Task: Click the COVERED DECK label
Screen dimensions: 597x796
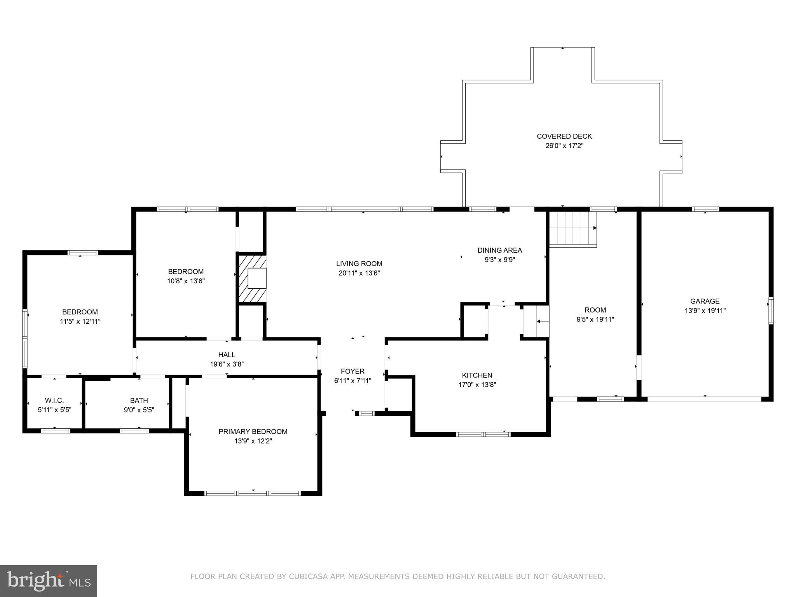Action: click(x=564, y=136)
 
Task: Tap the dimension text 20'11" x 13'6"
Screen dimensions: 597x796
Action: click(x=359, y=273)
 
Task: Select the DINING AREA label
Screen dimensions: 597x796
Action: click(x=499, y=250)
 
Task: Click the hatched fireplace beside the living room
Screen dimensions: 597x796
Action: click(x=252, y=278)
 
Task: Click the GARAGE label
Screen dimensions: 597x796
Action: click(x=705, y=301)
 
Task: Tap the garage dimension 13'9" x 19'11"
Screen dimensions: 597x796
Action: click(x=705, y=311)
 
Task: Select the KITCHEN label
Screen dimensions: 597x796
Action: click(x=477, y=375)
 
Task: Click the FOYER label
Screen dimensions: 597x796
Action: click(x=353, y=372)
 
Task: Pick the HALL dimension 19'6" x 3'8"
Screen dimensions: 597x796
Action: click(x=227, y=364)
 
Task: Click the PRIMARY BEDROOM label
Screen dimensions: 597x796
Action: click(x=253, y=431)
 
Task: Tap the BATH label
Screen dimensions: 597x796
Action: click(x=139, y=401)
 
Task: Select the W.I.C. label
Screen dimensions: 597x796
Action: click(x=54, y=401)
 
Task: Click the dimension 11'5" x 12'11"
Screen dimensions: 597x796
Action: click(x=80, y=321)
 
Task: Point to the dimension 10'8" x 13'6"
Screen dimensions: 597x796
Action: click(x=186, y=281)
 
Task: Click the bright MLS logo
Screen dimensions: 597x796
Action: click(x=49, y=581)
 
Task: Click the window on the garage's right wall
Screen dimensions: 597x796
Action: click(x=771, y=311)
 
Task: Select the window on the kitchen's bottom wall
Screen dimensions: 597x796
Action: click(x=483, y=434)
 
